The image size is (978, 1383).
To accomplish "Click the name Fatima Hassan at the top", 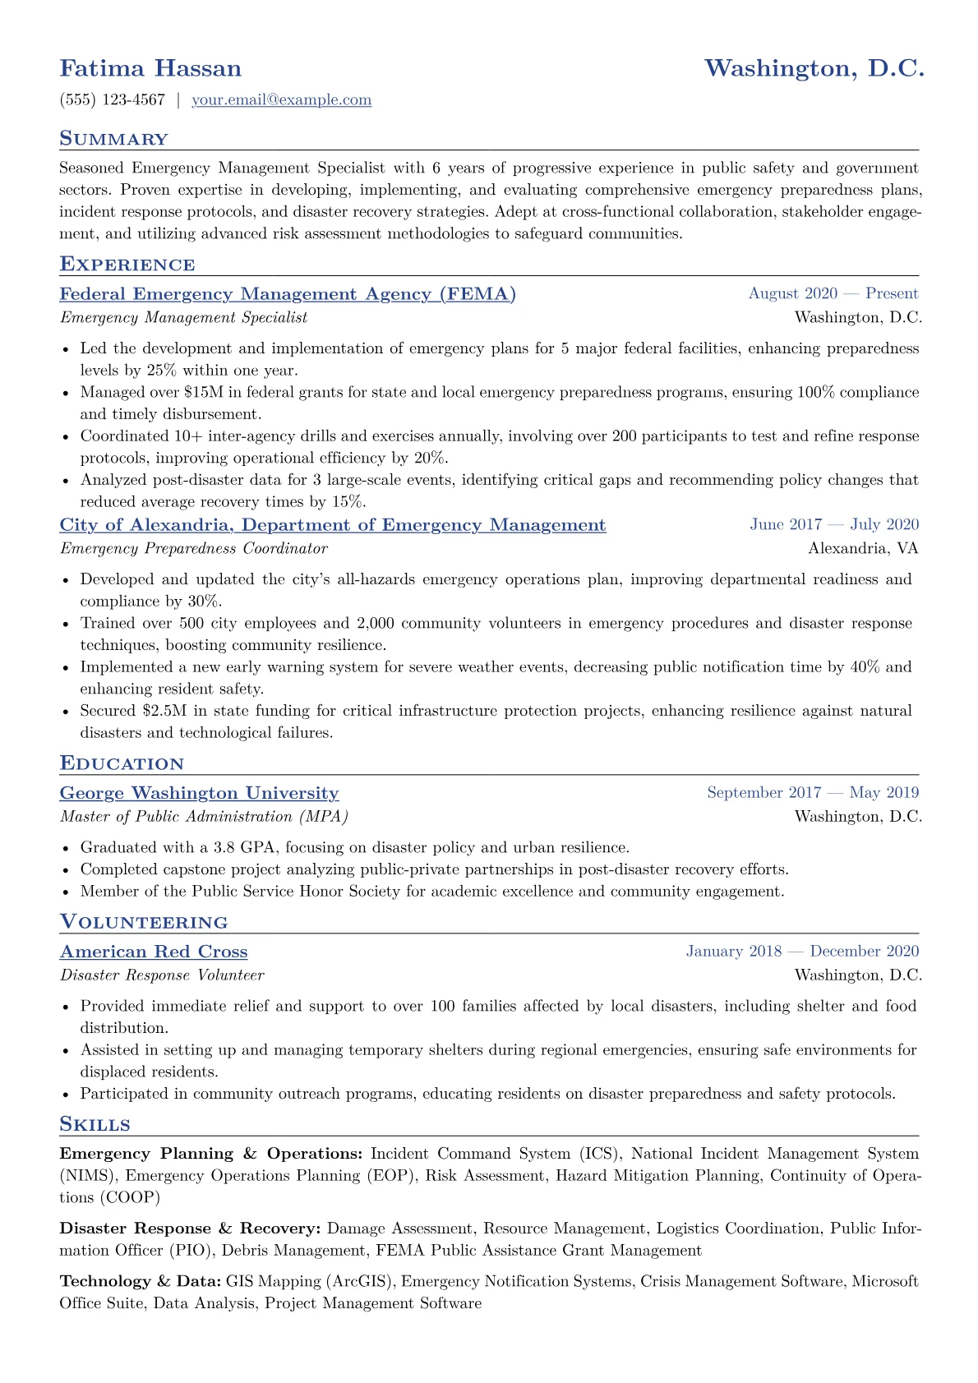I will [x=150, y=68].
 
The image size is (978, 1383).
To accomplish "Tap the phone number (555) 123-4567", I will [x=112, y=100].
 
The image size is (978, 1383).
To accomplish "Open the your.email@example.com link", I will [x=281, y=100].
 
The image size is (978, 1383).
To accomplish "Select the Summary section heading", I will [x=113, y=139].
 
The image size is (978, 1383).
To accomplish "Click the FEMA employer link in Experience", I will [x=288, y=294].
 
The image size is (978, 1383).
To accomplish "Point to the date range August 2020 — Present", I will [x=833, y=294].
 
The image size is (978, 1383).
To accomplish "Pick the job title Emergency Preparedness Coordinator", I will [x=193, y=548].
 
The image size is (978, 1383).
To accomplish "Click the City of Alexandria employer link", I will [x=333, y=525].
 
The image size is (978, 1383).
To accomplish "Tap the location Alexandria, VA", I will [x=863, y=548].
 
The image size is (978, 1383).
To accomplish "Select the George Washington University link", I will [x=199, y=793].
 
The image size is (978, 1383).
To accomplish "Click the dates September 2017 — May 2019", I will [x=812, y=793].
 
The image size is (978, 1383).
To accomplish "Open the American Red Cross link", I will [x=154, y=952].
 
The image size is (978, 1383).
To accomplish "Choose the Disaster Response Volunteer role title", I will [x=162, y=975].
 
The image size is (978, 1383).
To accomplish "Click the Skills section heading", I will [x=95, y=1124].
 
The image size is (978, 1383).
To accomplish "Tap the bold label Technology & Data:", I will [x=140, y=1281].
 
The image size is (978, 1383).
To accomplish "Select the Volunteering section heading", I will [x=143, y=922].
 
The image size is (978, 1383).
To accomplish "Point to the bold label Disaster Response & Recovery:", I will [x=190, y=1229].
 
